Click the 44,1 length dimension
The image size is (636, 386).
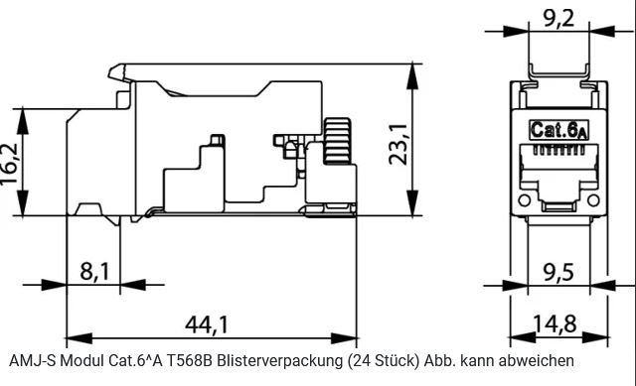click(x=207, y=324)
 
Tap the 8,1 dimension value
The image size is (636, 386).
click(x=94, y=271)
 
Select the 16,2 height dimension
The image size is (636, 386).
click(x=9, y=164)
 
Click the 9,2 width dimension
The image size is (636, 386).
click(x=558, y=18)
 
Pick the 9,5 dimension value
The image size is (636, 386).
click(x=558, y=272)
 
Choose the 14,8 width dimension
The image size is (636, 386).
click(x=555, y=323)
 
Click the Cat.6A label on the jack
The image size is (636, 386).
click(x=558, y=130)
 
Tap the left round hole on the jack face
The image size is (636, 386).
click(x=524, y=200)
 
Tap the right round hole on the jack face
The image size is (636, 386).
click(x=593, y=200)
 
